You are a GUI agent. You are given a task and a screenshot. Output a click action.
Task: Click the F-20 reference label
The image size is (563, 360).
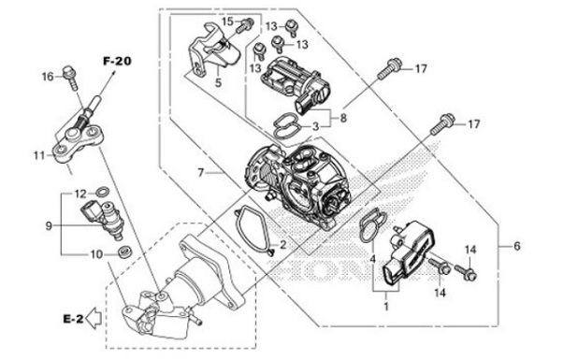click(117, 61)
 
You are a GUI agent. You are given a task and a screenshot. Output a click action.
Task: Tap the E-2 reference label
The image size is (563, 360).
click(75, 319)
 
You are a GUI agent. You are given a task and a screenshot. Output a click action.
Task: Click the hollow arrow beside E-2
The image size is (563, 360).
click(97, 319)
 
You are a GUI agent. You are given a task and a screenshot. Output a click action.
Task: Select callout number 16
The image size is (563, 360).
click(48, 78)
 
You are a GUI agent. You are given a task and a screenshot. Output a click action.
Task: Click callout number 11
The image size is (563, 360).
click(36, 153)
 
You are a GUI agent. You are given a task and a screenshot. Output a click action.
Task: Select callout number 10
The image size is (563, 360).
click(94, 252)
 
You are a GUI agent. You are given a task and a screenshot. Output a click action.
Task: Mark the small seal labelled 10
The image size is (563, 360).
click(123, 252)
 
